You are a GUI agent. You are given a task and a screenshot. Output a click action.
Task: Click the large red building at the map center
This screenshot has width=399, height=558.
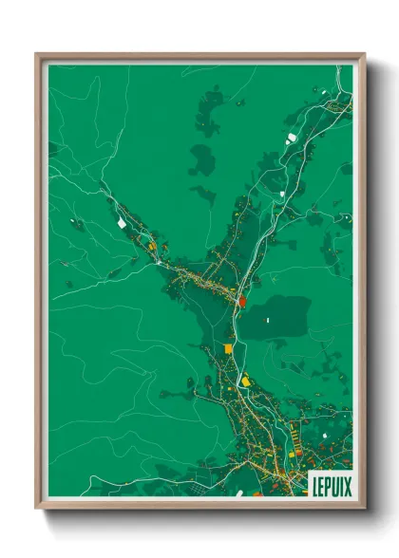point(241,301)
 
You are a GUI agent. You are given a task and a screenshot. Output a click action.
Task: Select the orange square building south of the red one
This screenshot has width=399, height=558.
point(228,349)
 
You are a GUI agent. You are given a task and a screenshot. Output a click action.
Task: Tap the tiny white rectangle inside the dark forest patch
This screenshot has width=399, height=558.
point(268,320)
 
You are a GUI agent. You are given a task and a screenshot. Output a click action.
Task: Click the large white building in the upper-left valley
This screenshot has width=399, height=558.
point(122,222)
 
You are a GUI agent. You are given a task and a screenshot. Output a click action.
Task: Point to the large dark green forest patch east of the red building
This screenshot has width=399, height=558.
point(275,315)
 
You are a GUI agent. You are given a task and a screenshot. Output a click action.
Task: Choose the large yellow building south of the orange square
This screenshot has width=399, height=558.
point(245,381)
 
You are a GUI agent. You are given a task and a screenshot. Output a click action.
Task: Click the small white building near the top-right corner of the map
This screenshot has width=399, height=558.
point(323,92)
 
